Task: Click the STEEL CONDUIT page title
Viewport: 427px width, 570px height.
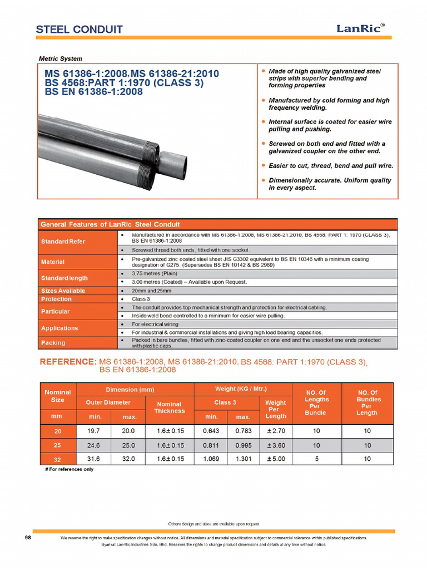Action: [x=79, y=30]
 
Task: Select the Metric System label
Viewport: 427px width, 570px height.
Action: [x=60, y=58]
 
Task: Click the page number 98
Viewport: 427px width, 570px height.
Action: [x=28, y=538]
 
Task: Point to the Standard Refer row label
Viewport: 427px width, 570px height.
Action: [x=63, y=242]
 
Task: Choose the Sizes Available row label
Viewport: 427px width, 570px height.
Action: [x=63, y=291]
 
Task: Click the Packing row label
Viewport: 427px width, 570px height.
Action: [x=53, y=342]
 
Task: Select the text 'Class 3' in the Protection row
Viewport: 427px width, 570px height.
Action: [x=141, y=299]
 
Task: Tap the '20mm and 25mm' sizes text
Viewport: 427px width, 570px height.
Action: [x=153, y=291]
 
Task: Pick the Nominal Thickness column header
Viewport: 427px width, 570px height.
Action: [x=170, y=407]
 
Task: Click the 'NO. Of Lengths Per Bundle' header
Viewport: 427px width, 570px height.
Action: [x=315, y=402]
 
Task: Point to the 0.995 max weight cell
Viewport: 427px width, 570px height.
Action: [x=243, y=445]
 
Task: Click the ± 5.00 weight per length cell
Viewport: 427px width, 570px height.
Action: [x=276, y=459]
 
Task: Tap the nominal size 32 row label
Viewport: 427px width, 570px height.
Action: [x=58, y=460]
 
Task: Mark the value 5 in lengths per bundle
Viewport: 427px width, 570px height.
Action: [x=315, y=459]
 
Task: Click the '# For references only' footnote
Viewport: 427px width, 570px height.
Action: [x=69, y=469]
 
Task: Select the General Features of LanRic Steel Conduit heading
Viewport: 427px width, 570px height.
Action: [x=110, y=224]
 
